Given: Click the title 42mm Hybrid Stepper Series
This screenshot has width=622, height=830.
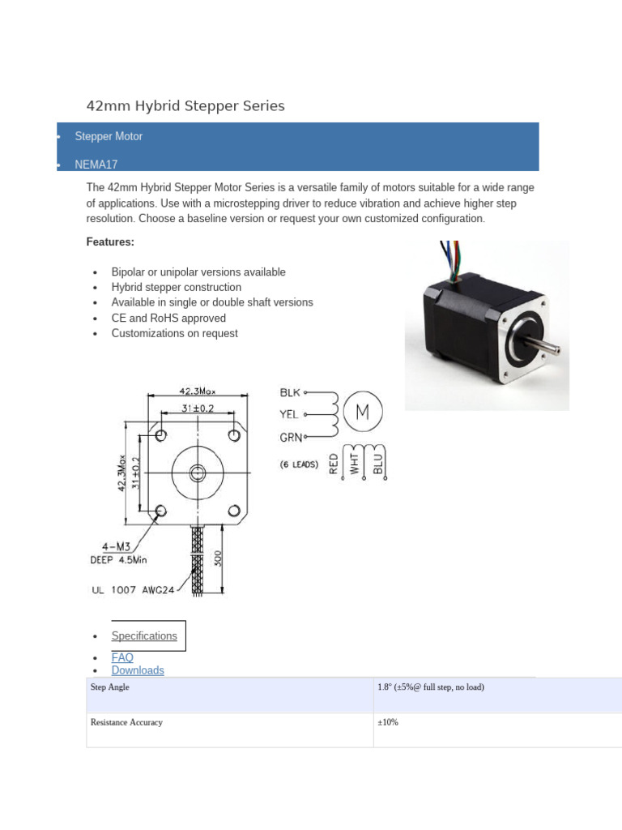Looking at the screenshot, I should pyautogui.click(x=185, y=106).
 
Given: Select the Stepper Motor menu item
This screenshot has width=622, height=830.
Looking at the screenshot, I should pyautogui.click(x=109, y=136).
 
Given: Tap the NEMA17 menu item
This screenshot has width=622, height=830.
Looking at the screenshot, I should pyautogui.click(x=96, y=164).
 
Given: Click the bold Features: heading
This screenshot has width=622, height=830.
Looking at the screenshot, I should pyautogui.click(x=110, y=242).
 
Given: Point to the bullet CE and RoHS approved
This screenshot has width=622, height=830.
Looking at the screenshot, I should pyautogui.click(x=168, y=318).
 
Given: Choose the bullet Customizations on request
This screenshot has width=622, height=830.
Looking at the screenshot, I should pyautogui.click(x=174, y=333).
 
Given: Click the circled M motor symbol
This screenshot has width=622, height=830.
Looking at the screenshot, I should pyautogui.click(x=362, y=413).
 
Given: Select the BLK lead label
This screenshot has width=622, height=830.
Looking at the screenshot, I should pyautogui.click(x=290, y=392).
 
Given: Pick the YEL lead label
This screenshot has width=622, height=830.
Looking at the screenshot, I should pyautogui.click(x=289, y=414).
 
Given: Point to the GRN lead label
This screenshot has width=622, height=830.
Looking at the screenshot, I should pyautogui.click(x=291, y=438).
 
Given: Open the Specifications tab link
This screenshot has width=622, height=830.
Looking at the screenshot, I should pyautogui.click(x=144, y=636).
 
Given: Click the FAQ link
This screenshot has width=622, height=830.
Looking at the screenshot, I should pyautogui.click(x=122, y=657).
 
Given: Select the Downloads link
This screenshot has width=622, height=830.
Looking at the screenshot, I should pyautogui.click(x=138, y=670).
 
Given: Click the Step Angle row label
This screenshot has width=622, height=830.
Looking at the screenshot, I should pyautogui.click(x=110, y=687).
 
